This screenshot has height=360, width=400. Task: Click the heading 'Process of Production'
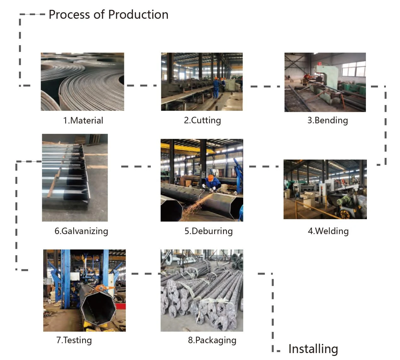pyautogui.click(x=109, y=15)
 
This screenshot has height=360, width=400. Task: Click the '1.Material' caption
pyautogui.click(x=83, y=121)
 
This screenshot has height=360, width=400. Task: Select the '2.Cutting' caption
pyautogui.click(x=203, y=121)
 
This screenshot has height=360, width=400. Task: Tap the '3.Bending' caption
pyautogui.click(x=328, y=121)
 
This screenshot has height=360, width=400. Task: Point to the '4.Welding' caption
pyautogui.click(x=328, y=231)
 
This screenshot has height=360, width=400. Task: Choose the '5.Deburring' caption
pyautogui.click(x=209, y=231)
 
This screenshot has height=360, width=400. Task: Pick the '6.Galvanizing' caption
pyautogui.click(x=81, y=231)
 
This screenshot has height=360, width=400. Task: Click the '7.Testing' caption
pyautogui.click(x=74, y=340)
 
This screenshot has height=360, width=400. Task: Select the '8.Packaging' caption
pyautogui.click(x=212, y=340)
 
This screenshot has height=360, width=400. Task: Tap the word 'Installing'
pyautogui.click(x=313, y=349)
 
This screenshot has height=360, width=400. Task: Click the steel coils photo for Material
pyautogui.click(x=82, y=82)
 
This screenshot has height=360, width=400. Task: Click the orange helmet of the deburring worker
pyautogui.click(x=211, y=177)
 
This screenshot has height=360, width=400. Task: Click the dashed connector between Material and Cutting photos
pyautogui.click(x=142, y=86)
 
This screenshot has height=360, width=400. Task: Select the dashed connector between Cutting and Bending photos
pyautogui.click(x=265, y=87)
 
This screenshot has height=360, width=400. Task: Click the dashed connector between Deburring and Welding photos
pyautogui.click(x=264, y=166)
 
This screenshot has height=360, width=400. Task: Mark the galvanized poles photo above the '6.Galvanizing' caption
pyautogui.click(x=75, y=178)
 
